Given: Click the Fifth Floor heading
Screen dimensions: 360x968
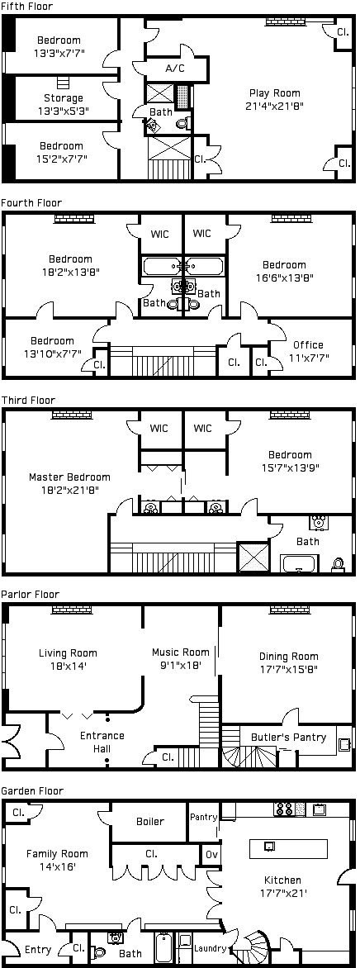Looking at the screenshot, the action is point(27,6).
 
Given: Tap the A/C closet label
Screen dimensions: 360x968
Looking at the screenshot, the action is point(175,68).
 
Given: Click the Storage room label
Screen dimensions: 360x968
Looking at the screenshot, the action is point(63,98).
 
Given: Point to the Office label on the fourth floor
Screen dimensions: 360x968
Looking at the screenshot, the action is point(307,345).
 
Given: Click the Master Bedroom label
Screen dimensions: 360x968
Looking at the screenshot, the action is point(70,477).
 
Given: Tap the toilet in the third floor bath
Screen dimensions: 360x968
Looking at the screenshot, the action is point(338,565).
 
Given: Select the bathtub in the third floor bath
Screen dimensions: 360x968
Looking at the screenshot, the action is point(300,563).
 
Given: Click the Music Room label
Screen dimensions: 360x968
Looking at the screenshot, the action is point(181,652).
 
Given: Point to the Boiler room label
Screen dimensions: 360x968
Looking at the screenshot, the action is point(150,821).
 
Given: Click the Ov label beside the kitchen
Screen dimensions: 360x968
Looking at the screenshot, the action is point(210,856).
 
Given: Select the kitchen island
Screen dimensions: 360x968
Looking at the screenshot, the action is point(288,849).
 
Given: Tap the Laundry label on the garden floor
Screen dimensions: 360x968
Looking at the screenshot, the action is point(210,948).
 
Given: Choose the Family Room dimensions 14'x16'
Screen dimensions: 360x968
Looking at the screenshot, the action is point(57,866).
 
